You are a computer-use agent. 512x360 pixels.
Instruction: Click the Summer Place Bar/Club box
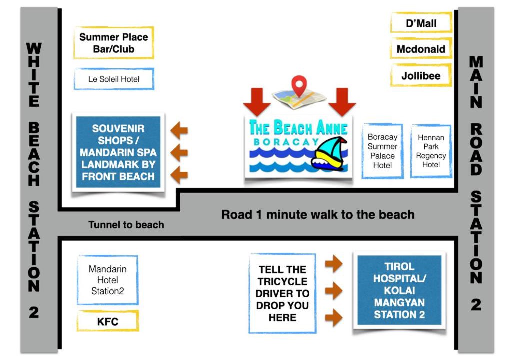pyautogui.click(x=113, y=43)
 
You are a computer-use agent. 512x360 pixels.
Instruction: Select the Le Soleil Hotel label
pyautogui.click(x=114, y=79)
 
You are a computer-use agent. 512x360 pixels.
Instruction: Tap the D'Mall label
pyautogui.click(x=421, y=23)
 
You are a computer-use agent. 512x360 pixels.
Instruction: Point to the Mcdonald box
pyautogui.click(x=421, y=49)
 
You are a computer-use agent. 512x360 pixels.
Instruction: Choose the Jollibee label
pyautogui.click(x=421, y=76)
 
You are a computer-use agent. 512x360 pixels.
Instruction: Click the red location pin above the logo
pyautogui.click(x=299, y=85)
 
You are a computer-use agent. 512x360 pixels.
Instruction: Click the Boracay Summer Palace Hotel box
pyautogui.click(x=382, y=151)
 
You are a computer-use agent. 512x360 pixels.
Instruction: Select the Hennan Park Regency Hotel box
pyautogui.click(x=430, y=151)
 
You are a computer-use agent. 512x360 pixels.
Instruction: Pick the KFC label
pyautogui.click(x=107, y=321)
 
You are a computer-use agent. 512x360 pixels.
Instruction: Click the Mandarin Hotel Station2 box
pyautogui.click(x=107, y=279)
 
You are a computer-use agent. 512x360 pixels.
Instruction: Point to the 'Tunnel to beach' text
pyautogui.click(x=126, y=225)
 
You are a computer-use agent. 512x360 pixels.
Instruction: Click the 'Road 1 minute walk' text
pyautogui.click(x=318, y=215)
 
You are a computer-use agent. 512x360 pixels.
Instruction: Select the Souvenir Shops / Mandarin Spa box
pyautogui.click(x=118, y=152)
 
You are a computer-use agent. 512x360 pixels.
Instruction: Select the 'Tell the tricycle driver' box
pyautogui.click(x=282, y=293)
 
